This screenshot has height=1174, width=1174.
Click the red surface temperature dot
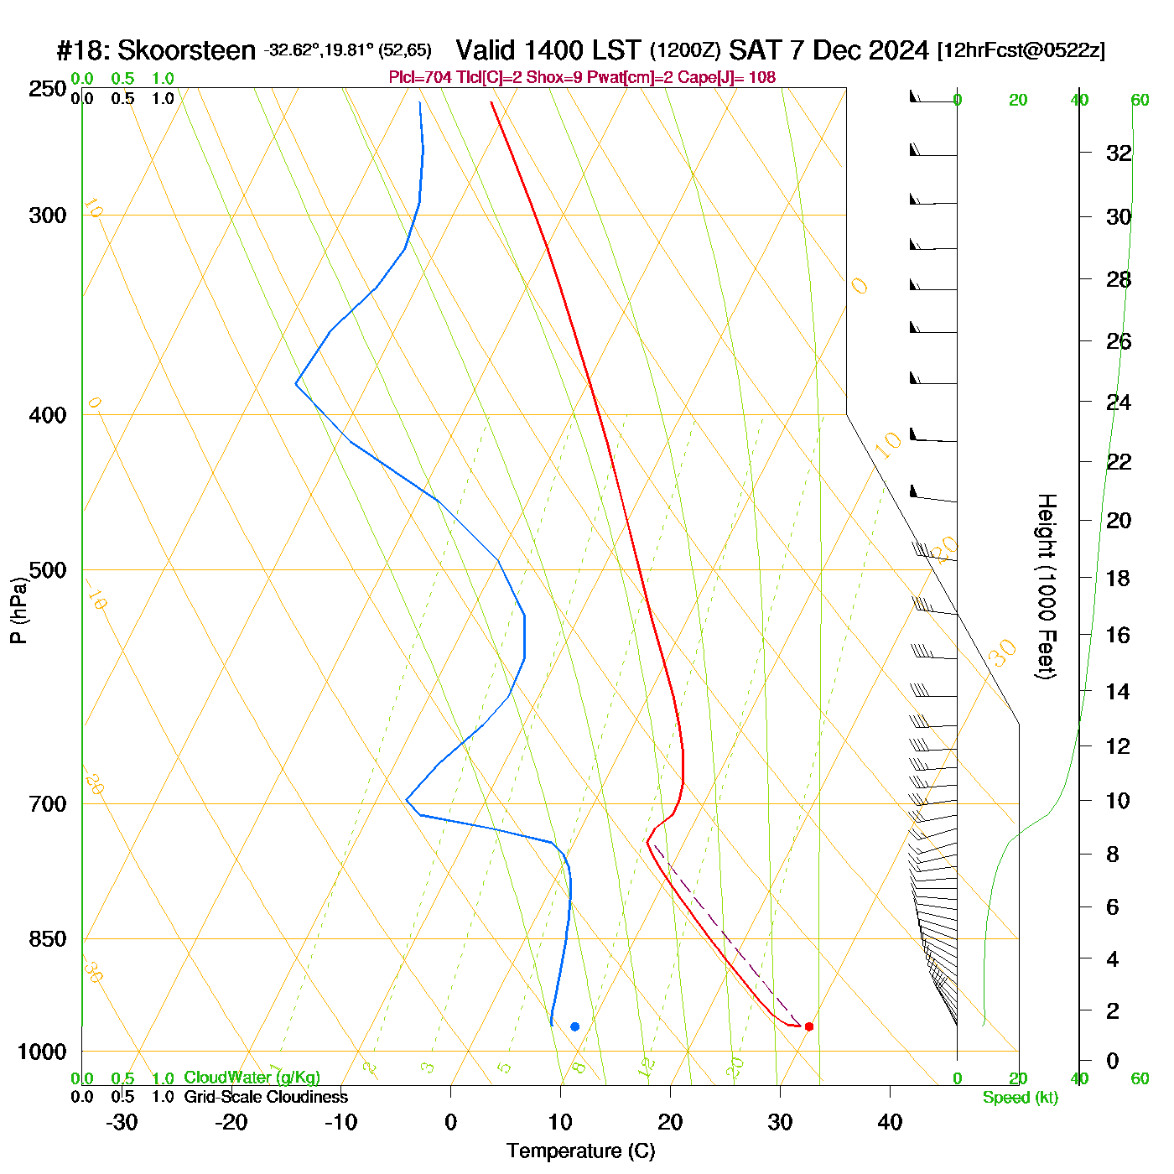[808, 1026]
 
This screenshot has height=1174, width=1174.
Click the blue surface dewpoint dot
[574, 1026]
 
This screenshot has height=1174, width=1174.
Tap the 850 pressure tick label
[47, 939]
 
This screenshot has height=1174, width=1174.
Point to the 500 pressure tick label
[47, 570]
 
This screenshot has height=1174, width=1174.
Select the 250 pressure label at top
[47, 89]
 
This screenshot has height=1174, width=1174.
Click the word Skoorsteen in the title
[186, 51]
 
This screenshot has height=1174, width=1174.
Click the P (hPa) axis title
[18, 610]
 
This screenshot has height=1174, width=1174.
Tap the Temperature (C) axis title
[580, 1151]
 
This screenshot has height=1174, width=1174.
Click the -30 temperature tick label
[122, 1122]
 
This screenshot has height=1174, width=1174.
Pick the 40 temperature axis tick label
[890, 1122]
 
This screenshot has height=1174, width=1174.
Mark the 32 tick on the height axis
[1119, 153]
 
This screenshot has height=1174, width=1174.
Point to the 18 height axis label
[1119, 578]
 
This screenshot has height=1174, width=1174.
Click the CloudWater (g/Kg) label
[252, 1078]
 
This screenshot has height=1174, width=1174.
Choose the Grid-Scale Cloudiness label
[266, 1097]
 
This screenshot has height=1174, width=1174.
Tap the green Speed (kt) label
[1021, 1098]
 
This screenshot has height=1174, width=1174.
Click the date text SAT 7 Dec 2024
[829, 50]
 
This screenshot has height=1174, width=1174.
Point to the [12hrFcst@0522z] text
[1021, 50]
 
